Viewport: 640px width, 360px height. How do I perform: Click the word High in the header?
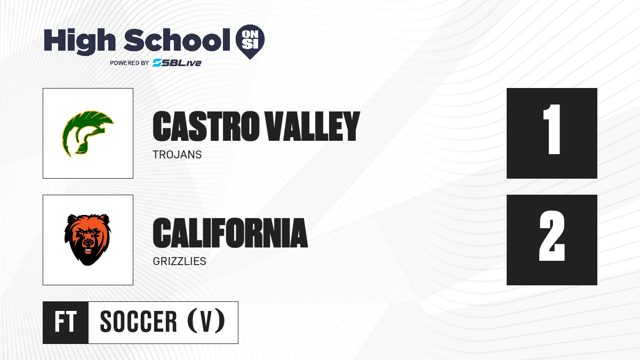79,42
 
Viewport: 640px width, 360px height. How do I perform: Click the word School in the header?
177,40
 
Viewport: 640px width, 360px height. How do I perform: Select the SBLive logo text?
177,62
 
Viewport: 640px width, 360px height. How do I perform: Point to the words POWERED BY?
130,63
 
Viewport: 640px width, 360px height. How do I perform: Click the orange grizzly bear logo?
87,239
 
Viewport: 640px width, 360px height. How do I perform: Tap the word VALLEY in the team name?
313,126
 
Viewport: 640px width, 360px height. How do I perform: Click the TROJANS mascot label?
177,155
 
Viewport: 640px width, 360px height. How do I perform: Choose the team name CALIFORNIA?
230,233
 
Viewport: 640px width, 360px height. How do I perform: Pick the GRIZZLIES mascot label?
179,261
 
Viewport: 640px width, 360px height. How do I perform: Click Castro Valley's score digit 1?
551,129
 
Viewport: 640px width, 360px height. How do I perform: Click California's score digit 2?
552,236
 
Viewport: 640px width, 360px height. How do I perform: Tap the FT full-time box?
66,322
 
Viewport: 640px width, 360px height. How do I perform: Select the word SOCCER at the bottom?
139,322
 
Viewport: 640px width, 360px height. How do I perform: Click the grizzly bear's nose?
89,243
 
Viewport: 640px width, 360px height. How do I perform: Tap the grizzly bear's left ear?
71,220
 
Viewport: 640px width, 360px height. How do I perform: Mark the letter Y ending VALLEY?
349,126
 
